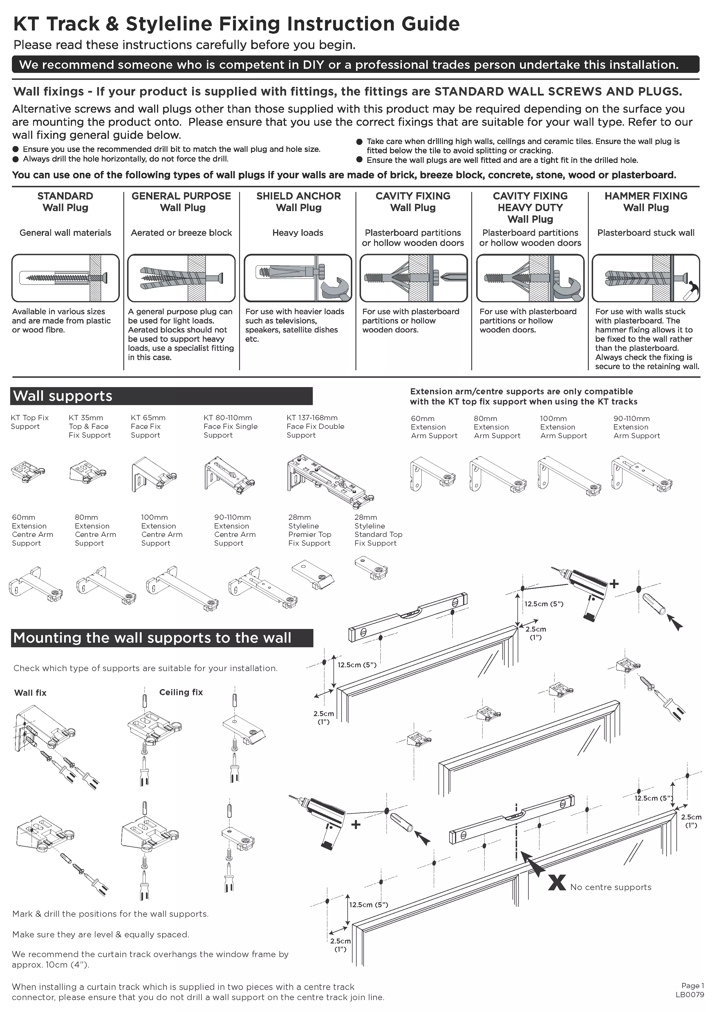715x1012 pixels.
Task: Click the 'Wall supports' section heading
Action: (x=63, y=396)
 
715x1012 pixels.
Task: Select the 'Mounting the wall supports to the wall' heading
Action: (x=152, y=638)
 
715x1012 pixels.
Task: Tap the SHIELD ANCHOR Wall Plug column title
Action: (x=298, y=202)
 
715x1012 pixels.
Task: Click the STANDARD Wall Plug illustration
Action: (x=66, y=278)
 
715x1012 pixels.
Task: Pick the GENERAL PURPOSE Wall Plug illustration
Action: (x=181, y=278)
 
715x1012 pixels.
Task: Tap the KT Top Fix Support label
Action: (x=30, y=422)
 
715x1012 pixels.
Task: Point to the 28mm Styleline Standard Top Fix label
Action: (x=378, y=530)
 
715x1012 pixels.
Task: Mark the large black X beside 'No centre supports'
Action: (x=557, y=882)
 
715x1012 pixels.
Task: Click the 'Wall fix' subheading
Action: (x=30, y=693)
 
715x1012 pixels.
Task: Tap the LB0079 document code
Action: (x=689, y=995)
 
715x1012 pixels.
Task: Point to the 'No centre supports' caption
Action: (x=611, y=887)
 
